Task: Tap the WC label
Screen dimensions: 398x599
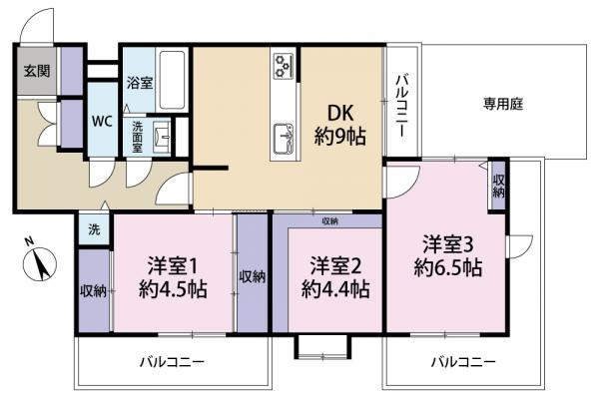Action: point(103,121)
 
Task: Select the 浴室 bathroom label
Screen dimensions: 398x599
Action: point(138,85)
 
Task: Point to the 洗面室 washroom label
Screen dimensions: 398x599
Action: point(139,135)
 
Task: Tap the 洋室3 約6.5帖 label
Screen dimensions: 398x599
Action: point(449,254)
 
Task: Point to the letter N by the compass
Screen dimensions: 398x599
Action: point(29,240)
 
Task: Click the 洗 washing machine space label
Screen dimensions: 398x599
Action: point(93,228)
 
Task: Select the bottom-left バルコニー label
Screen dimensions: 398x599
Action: point(171,362)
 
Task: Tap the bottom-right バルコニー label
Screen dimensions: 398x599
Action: point(461,362)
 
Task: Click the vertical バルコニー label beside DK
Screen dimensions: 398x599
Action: point(399,107)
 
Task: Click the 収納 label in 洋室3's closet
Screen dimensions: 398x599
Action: point(498,186)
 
